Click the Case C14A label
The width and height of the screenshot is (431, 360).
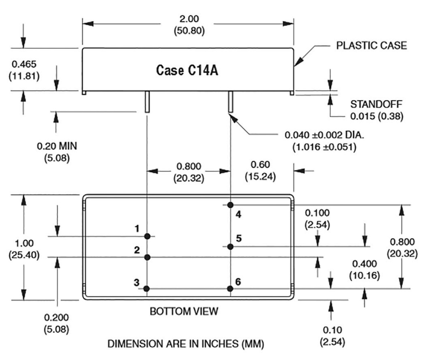(187, 70)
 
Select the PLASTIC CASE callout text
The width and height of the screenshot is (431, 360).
(371, 45)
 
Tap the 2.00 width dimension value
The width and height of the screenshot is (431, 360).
(188, 19)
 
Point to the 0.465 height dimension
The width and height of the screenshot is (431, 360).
(24, 64)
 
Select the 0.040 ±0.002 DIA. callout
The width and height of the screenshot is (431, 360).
(324, 135)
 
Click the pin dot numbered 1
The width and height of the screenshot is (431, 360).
(147, 236)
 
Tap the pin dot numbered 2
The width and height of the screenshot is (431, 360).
(147, 257)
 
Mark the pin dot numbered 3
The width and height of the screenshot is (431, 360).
(147, 289)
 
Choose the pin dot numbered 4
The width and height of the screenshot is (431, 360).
(230, 205)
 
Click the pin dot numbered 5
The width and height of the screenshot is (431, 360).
(230, 246)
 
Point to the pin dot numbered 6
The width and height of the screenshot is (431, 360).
(230, 289)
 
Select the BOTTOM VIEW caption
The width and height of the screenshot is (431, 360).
(184, 312)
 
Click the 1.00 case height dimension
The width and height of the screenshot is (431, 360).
(24, 244)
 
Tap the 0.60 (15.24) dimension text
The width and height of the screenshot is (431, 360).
(260, 165)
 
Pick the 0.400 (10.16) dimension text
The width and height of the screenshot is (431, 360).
(364, 264)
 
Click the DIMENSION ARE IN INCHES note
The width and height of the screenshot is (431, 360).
(186, 344)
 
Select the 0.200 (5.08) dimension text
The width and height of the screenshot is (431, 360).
(56, 318)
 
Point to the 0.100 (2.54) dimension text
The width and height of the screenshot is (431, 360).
(317, 213)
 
